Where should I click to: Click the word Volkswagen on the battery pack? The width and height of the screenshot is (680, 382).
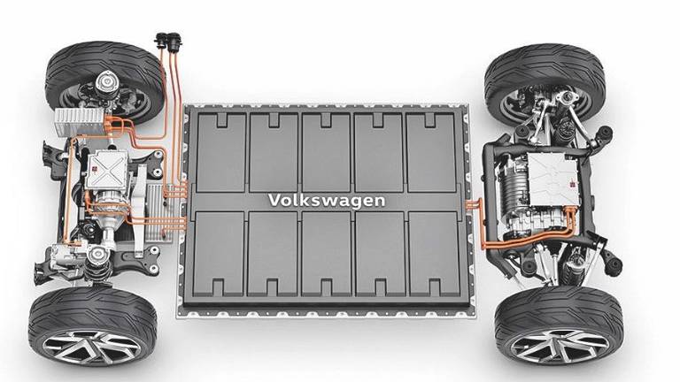point(327,201)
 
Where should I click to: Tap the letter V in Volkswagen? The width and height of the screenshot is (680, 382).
point(274,200)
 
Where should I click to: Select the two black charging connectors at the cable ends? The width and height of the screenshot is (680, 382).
point(168,42)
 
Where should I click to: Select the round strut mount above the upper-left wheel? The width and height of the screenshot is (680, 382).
point(106,82)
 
